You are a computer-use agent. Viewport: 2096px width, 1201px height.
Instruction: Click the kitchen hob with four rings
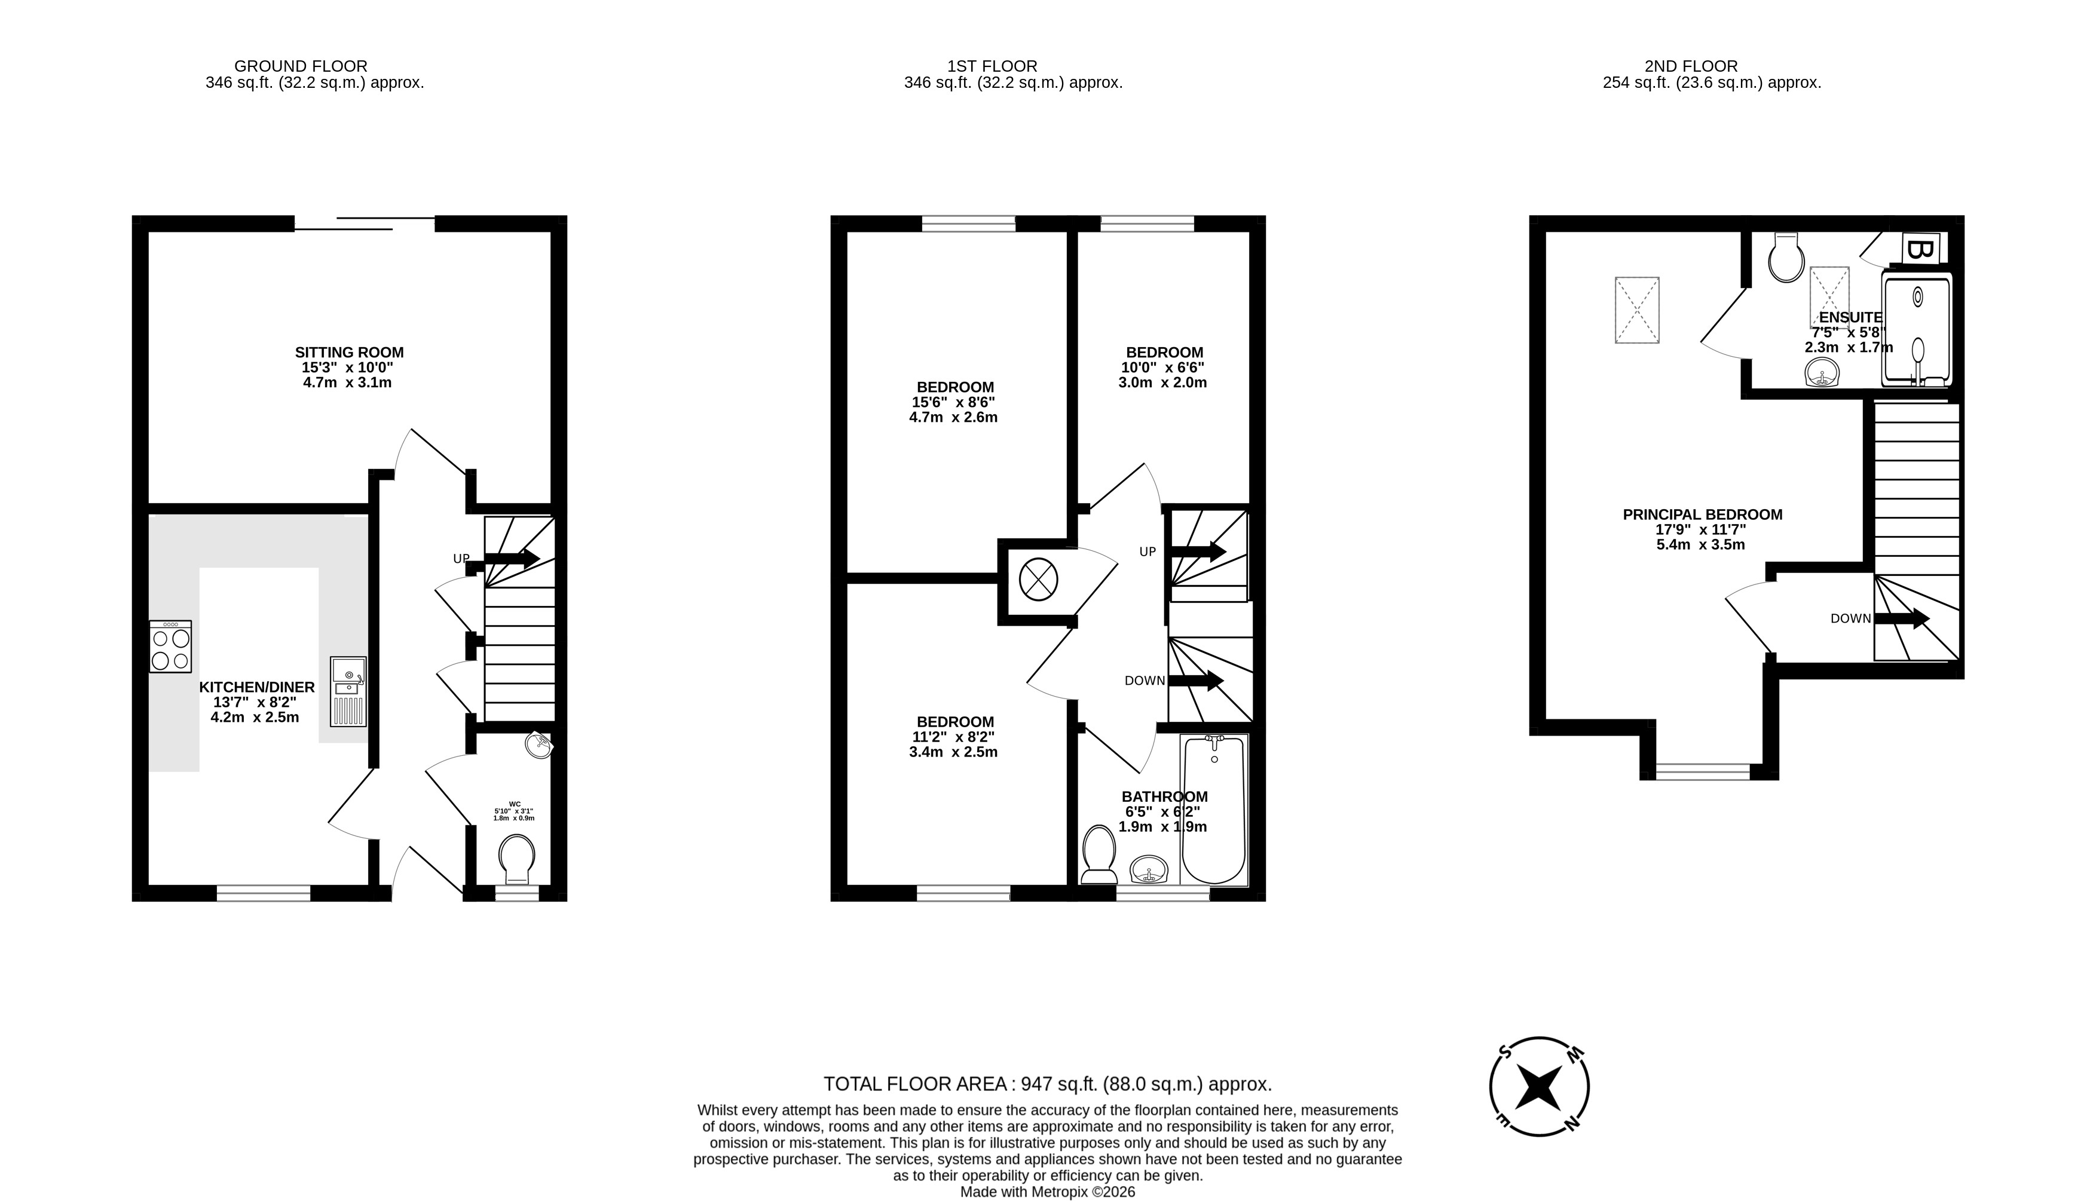click(x=170, y=646)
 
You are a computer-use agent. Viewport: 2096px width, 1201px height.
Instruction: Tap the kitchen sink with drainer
click(x=347, y=691)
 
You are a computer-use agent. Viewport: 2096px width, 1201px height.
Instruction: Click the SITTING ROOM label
click(x=349, y=352)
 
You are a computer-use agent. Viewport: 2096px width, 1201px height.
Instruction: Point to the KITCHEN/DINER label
click(x=256, y=687)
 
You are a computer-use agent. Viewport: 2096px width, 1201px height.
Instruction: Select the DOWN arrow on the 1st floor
click(x=1195, y=681)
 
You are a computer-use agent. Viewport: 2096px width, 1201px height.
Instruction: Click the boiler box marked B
click(x=1918, y=249)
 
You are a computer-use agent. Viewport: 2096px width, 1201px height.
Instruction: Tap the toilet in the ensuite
click(x=1786, y=258)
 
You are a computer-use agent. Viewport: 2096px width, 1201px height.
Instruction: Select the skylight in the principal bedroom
click(x=1636, y=310)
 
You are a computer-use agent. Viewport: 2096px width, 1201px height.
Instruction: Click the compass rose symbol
click(x=1539, y=1086)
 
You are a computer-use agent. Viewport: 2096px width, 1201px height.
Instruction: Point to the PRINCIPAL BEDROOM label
click(x=1702, y=514)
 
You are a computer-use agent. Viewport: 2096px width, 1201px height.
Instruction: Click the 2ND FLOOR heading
click(x=1690, y=66)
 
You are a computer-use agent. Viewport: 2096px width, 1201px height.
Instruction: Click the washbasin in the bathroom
click(x=1148, y=869)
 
